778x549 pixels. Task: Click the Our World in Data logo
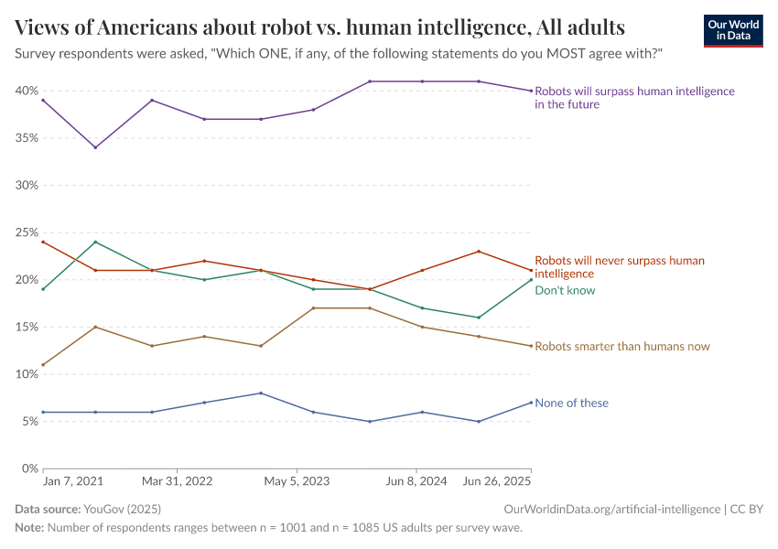point(732,31)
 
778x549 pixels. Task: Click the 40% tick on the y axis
point(26,91)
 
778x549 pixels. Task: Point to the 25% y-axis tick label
point(26,232)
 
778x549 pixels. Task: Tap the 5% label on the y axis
point(28,421)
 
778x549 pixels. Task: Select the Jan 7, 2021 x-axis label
point(73,480)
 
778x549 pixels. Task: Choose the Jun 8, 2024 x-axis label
point(416,480)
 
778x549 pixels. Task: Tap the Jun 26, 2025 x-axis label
point(497,480)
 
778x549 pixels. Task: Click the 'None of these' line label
point(571,403)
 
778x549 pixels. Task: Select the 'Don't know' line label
point(565,290)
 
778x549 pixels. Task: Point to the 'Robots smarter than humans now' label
point(621,346)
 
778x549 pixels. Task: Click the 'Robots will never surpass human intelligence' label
point(619,266)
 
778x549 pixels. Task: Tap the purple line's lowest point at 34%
point(95,147)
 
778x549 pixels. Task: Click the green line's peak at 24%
point(95,242)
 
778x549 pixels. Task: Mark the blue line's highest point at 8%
point(262,393)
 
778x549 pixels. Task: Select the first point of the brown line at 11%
point(43,364)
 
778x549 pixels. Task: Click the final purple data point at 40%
point(531,91)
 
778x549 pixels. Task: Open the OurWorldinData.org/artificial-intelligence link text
point(611,508)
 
